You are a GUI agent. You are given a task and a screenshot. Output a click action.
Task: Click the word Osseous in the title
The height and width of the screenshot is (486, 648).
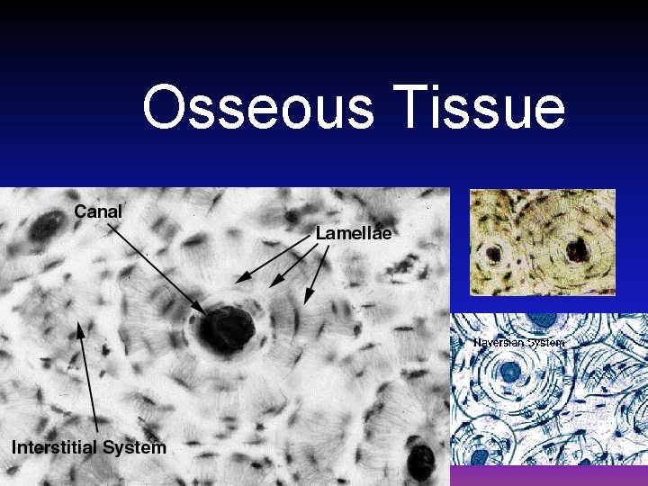[x=257, y=107]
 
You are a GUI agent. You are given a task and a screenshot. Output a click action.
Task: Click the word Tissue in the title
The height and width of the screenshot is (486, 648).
[x=478, y=107]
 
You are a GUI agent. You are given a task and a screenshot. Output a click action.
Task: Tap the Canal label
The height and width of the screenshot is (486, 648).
[x=98, y=211]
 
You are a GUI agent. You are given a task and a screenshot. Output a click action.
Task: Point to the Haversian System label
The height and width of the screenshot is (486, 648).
[x=519, y=343]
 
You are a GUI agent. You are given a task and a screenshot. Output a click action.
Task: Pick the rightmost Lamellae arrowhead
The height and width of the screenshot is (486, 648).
[x=308, y=300]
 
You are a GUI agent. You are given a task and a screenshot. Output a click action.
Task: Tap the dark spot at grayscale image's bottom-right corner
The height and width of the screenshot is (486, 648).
[x=420, y=461]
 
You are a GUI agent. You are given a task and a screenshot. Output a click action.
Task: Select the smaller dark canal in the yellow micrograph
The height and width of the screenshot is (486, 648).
[x=493, y=255]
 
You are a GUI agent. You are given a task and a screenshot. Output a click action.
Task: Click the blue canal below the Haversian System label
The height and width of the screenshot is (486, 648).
[x=510, y=371]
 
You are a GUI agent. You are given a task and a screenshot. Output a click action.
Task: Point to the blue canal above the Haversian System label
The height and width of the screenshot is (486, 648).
[x=544, y=319]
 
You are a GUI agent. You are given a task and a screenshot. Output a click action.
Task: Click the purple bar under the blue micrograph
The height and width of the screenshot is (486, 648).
[x=548, y=475]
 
